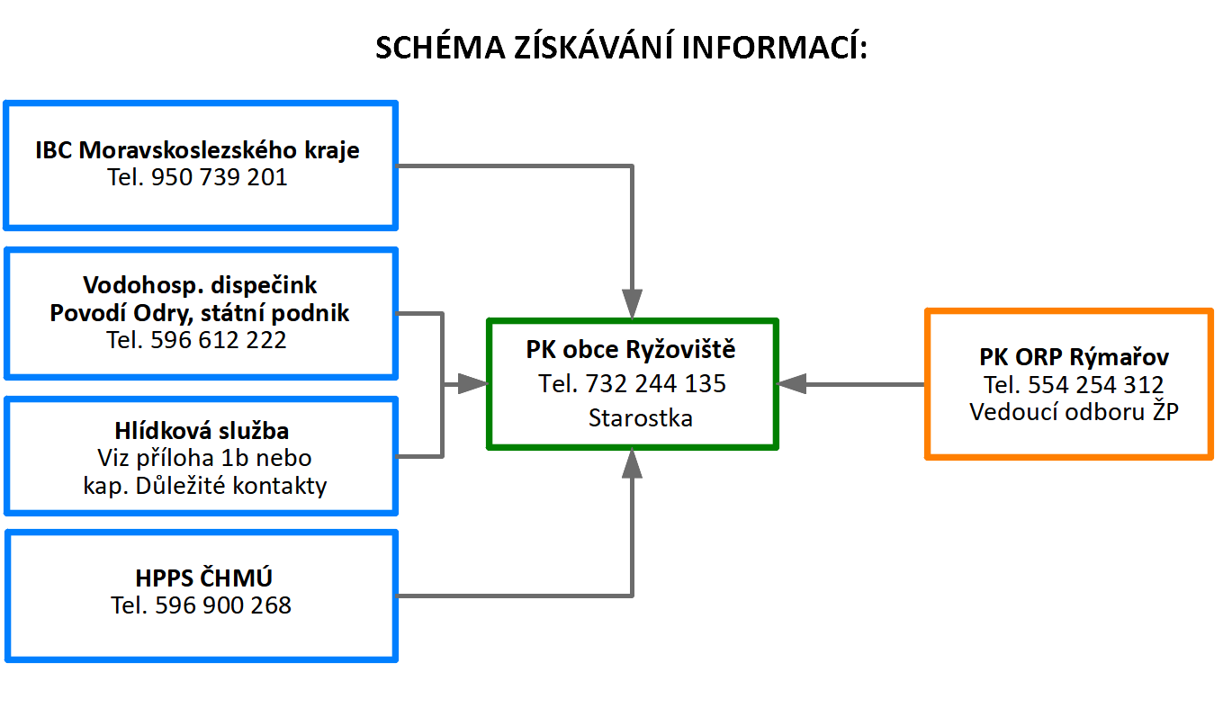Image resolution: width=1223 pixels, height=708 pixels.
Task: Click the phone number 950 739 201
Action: coord(219,177)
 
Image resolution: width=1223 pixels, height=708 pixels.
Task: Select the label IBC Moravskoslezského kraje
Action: coord(197,150)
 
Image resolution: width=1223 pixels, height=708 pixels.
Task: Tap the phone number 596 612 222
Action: coord(219,339)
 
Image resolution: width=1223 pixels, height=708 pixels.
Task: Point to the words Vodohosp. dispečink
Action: coord(199,285)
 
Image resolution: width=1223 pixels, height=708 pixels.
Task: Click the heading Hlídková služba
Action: coord(202,431)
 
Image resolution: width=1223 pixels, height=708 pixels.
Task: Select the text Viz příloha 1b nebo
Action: coord(204,458)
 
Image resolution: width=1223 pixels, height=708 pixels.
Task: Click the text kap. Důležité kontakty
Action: coord(205,485)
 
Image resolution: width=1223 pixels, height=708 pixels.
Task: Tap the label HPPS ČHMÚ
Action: coord(203,578)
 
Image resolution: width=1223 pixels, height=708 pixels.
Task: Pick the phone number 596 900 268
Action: coord(223,605)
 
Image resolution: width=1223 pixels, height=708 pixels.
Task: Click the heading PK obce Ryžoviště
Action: coord(631,349)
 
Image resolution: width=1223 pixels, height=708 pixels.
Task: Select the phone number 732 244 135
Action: coord(656,383)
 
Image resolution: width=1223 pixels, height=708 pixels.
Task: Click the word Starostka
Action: coord(641,418)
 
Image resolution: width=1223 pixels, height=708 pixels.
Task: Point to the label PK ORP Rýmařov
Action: coord(1074,357)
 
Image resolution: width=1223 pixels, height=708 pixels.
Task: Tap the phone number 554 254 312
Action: coord(1096,385)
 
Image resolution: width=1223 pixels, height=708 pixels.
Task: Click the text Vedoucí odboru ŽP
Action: coord(1074,412)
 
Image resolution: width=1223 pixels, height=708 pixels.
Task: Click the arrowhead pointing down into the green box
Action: coord(632,303)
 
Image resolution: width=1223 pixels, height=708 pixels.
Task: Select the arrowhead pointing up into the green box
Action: coord(632,463)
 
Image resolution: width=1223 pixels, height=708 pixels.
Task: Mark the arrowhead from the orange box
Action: coord(792,384)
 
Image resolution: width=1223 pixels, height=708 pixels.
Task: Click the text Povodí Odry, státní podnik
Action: coord(199,313)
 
